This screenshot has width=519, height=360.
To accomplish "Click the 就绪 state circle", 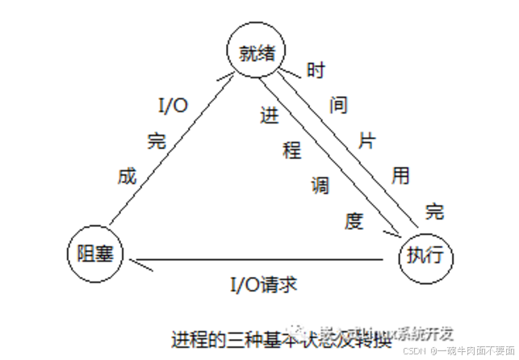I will coord(257,53).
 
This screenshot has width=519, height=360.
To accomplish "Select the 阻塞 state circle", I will coord(94,253).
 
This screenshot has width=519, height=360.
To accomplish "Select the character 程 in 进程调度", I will coord(292,149).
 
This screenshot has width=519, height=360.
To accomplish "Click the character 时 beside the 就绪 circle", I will coord(316,70).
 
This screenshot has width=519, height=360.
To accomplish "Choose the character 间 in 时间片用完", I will coord(340,105).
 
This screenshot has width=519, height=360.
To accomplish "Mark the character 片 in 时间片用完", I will coord(367,139).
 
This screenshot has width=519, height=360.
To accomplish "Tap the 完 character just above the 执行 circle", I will coord(435,212).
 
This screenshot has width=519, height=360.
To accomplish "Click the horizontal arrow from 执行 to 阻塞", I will coord(258,261).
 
